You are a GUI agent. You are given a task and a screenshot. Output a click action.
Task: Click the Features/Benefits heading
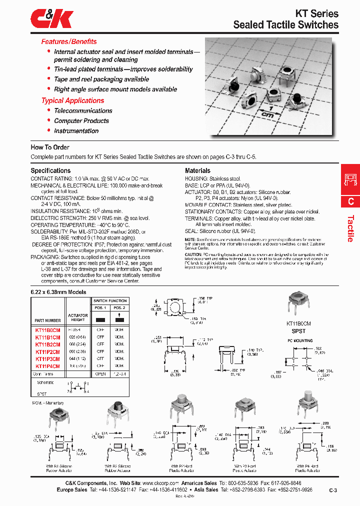[x=69, y=41]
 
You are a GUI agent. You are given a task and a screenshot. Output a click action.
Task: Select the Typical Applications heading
[x=72, y=100]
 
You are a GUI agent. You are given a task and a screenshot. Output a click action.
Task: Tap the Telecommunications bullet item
[x=83, y=111]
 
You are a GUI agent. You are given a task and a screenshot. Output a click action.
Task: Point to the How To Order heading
[x=50, y=147]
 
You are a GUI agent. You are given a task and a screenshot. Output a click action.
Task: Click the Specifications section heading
[x=50, y=170]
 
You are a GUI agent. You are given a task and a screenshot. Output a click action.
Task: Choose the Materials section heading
[x=197, y=170]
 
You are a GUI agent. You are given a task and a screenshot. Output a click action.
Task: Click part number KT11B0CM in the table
[x=47, y=330]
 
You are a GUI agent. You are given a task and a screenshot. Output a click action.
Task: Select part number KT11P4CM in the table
[x=47, y=366]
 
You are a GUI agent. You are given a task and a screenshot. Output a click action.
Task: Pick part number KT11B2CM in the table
[x=47, y=344]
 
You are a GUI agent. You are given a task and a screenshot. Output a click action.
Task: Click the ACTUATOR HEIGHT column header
[x=77, y=317]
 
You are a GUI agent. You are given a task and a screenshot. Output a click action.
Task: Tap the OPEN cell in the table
[x=100, y=373]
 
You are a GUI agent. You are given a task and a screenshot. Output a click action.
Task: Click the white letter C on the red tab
[x=350, y=201]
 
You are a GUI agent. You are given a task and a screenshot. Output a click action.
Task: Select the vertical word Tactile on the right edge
[x=350, y=228]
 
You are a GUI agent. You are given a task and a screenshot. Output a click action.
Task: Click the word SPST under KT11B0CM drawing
[x=298, y=331]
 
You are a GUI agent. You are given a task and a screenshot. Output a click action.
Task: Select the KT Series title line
[x=311, y=13]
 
